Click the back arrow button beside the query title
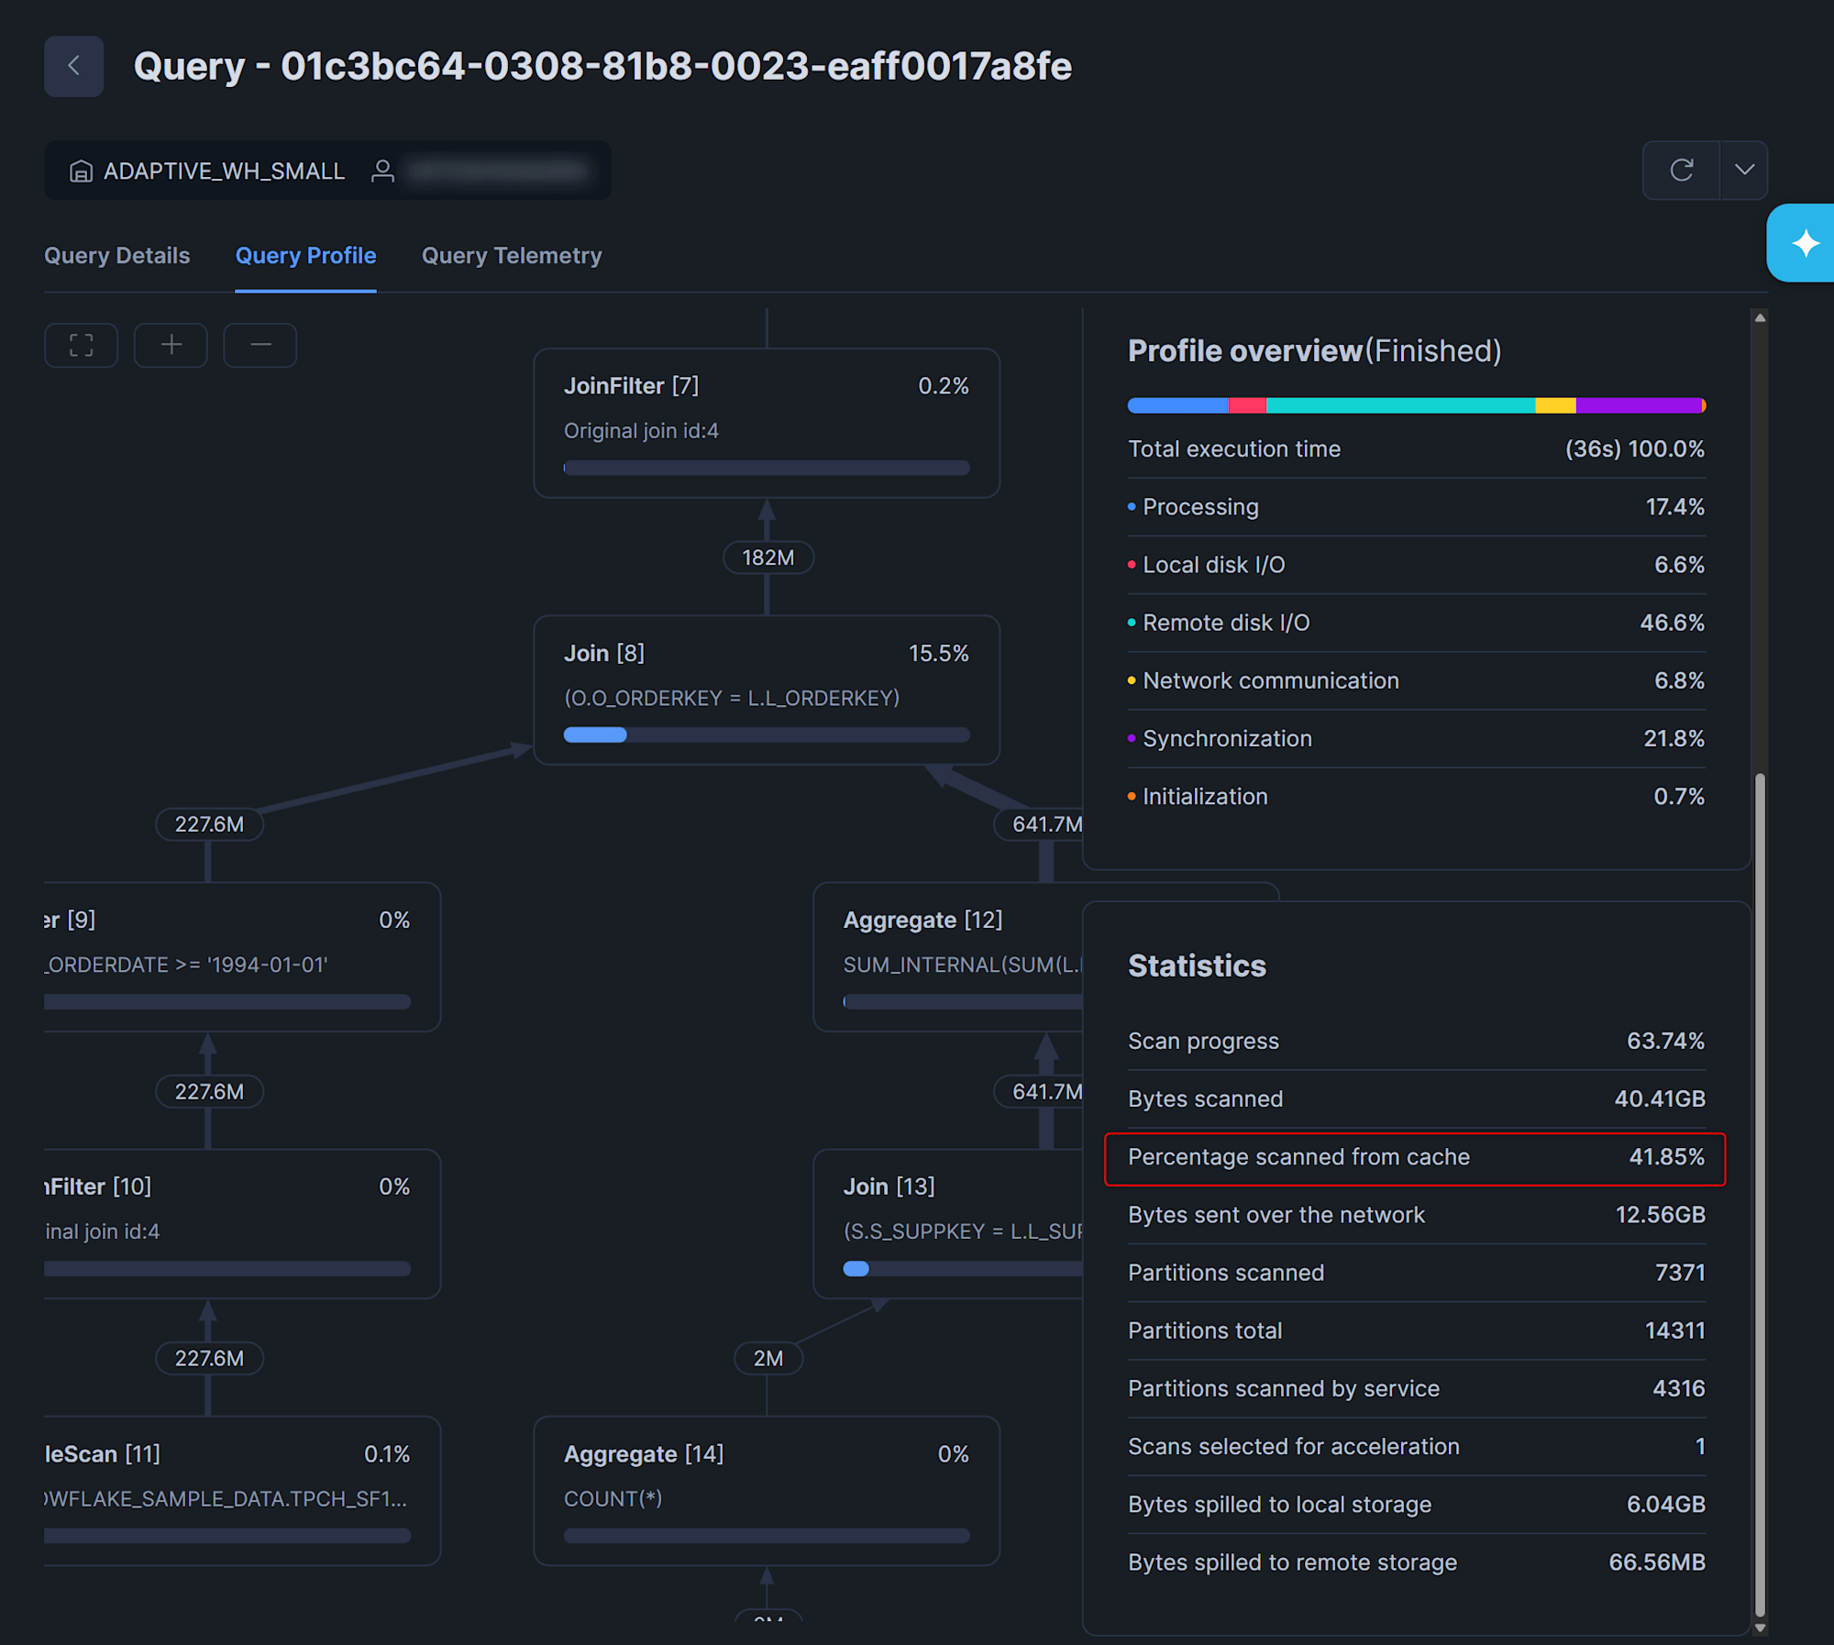coord(73,66)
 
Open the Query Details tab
coord(116,256)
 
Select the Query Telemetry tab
coord(512,256)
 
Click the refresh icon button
coord(1681,170)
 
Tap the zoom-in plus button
coord(171,345)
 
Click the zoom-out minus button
coord(260,345)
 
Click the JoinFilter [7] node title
coord(631,386)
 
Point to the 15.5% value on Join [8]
coord(938,653)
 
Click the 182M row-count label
coord(768,558)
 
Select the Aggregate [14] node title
coord(643,1454)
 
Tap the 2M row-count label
coord(768,1358)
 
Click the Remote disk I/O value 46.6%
coord(1672,623)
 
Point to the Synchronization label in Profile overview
coord(1227,738)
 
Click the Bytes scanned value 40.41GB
coord(1659,1099)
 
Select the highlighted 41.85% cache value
coord(1666,1157)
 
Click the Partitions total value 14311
coord(1674,1330)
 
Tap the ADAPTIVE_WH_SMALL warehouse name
coord(224,171)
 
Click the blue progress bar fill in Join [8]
coord(595,734)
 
